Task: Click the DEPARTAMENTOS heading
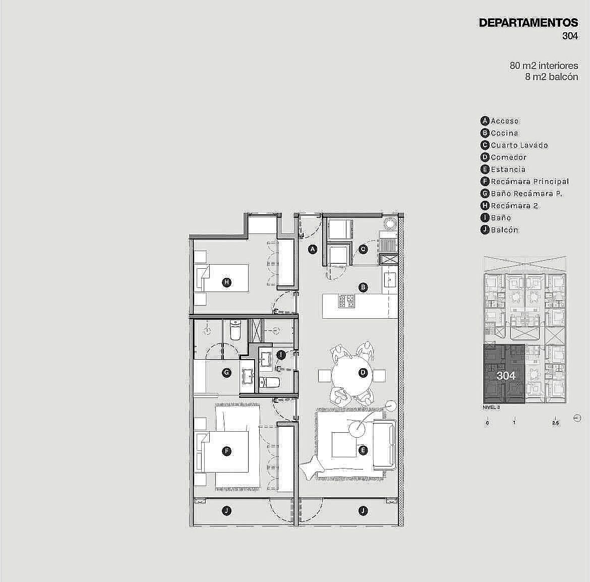pyautogui.click(x=528, y=23)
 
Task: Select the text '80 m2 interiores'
pyautogui.click(x=544, y=66)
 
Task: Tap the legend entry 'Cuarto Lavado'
pyautogui.click(x=519, y=145)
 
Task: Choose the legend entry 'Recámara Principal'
pyautogui.click(x=530, y=182)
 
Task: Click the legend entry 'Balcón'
pyautogui.click(x=505, y=230)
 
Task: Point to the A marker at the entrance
pyautogui.click(x=313, y=249)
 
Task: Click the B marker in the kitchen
pyautogui.click(x=363, y=287)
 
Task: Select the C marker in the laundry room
pyautogui.click(x=363, y=249)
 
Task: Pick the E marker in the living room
pyautogui.click(x=363, y=450)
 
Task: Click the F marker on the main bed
pyautogui.click(x=226, y=451)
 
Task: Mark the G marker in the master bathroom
pyautogui.click(x=226, y=373)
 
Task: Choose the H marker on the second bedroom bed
pyautogui.click(x=226, y=282)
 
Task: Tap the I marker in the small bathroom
pyautogui.click(x=281, y=355)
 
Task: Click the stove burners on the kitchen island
pyautogui.click(x=346, y=302)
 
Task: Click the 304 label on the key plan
pyautogui.click(x=506, y=375)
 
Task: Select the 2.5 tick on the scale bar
pyautogui.click(x=556, y=423)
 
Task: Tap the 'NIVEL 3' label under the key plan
pyautogui.click(x=492, y=408)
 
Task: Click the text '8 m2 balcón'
pyautogui.click(x=552, y=77)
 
